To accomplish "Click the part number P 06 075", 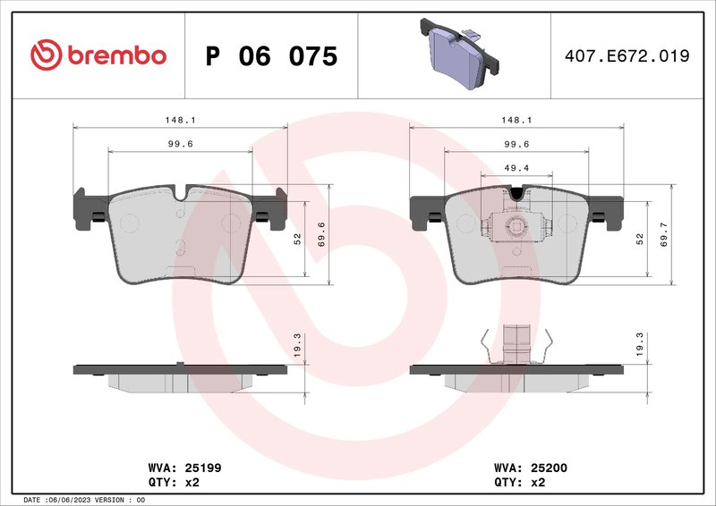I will [x=271, y=56].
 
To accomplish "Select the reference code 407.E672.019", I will [x=626, y=56].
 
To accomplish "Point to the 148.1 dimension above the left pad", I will [x=180, y=120].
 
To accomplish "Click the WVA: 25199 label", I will [x=178, y=467].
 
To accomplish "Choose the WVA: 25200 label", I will [x=532, y=467].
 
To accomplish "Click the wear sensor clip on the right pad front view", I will [x=516, y=226].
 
